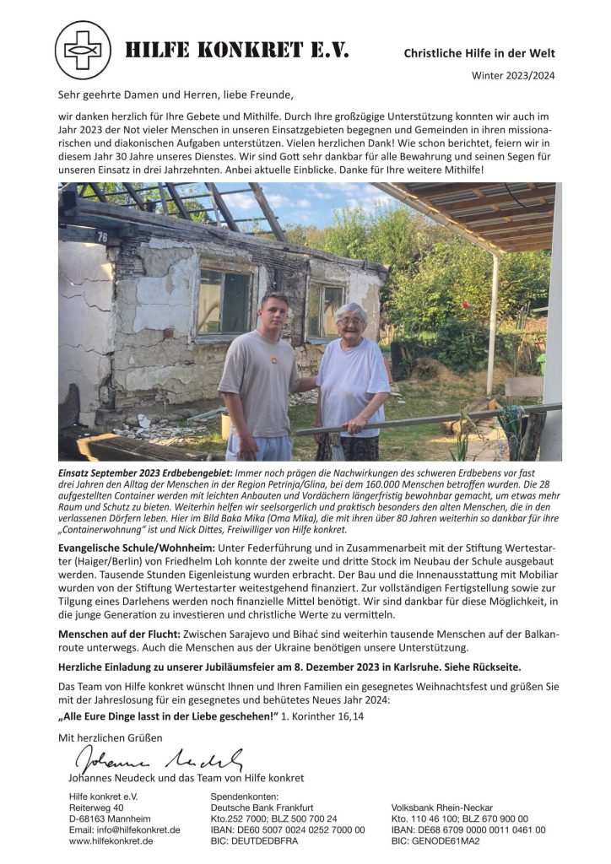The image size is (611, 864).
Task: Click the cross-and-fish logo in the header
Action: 83,51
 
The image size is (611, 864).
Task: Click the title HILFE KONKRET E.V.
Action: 237,51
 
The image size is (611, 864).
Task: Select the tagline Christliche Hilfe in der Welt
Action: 479,53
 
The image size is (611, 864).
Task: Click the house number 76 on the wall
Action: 102,237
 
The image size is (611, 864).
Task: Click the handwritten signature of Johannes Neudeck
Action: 160,759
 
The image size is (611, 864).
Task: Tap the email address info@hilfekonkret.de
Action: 124,829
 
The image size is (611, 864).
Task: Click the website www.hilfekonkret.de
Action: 111,841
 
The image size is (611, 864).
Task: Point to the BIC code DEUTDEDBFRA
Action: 253,841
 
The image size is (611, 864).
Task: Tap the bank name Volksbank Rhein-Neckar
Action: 442,807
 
